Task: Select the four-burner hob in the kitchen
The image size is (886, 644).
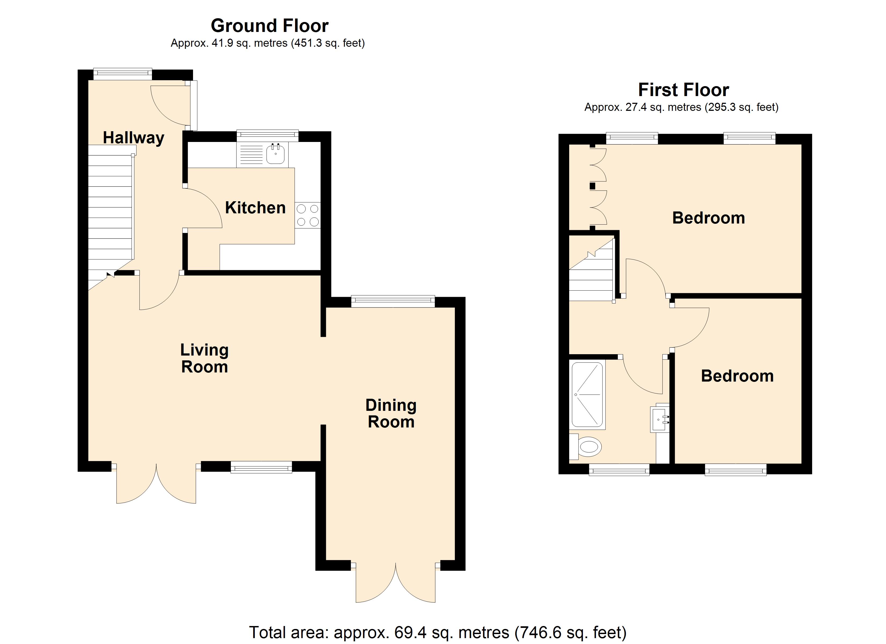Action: point(307,215)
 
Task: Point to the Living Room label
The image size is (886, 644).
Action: point(204,358)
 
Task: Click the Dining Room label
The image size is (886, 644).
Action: point(391,414)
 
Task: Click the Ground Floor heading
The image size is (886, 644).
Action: point(270,26)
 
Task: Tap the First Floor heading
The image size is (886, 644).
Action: point(683,90)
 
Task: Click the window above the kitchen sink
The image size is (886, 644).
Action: point(268,136)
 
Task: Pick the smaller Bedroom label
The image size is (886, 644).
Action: point(737,376)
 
